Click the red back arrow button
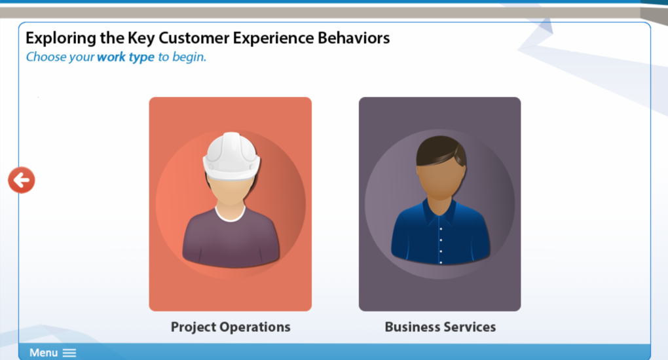click(22, 180)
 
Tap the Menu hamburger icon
click(69, 353)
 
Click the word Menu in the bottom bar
click(43, 353)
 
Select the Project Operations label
click(231, 327)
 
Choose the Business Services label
click(440, 327)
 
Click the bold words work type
click(126, 57)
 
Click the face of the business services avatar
click(441, 181)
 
